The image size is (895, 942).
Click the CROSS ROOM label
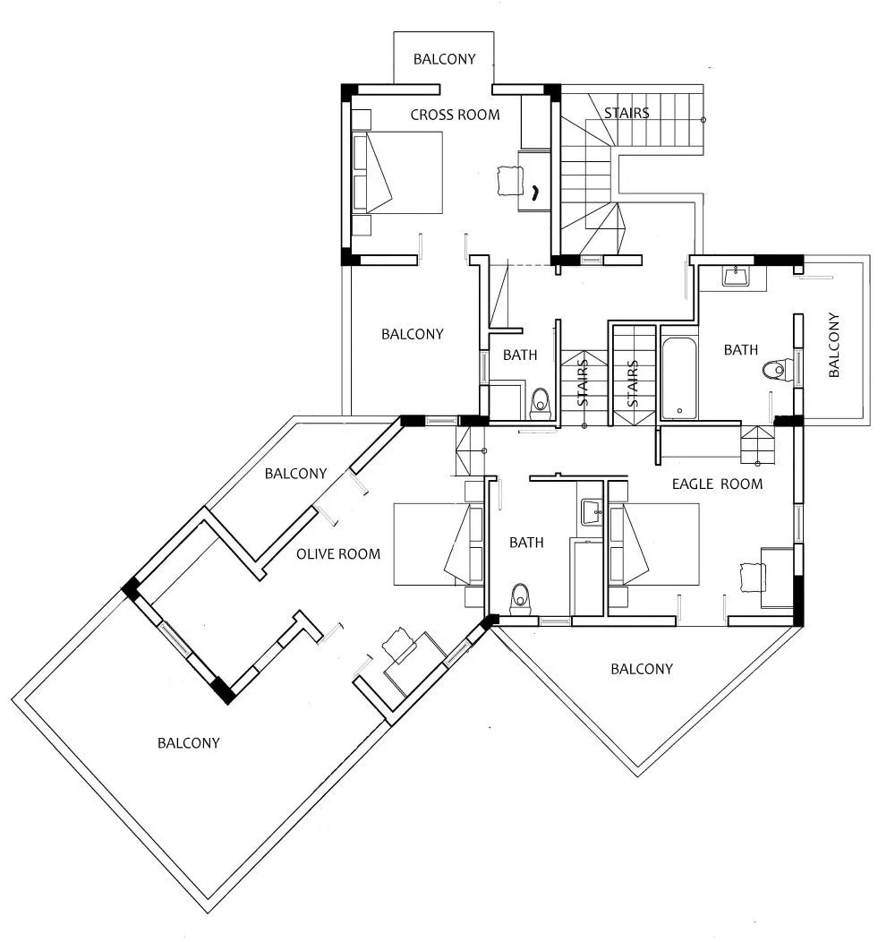pos(455,115)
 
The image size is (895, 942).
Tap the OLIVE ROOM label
pos(338,554)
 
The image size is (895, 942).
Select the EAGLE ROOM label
pos(717,484)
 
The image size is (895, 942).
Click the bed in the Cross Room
pos(397,173)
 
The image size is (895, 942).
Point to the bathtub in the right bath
pos(679,379)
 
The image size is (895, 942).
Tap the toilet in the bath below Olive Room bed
pos(520,600)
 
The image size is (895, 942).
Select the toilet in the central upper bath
pos(541,404)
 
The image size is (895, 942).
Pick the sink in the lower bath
pos(592,512)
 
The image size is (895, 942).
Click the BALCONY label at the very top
pos(445,59)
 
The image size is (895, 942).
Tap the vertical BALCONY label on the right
pos(833,345)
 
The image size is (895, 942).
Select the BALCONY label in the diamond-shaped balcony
pos(642,669)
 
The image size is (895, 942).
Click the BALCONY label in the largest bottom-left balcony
pos(189,743)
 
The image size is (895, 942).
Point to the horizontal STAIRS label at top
pos(626,113)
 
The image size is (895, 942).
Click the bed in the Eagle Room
pos(654,544)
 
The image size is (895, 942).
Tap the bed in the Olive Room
pos(439,544)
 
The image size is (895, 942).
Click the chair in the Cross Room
pos(510,180)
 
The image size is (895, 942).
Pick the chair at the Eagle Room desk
pos(753,578)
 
